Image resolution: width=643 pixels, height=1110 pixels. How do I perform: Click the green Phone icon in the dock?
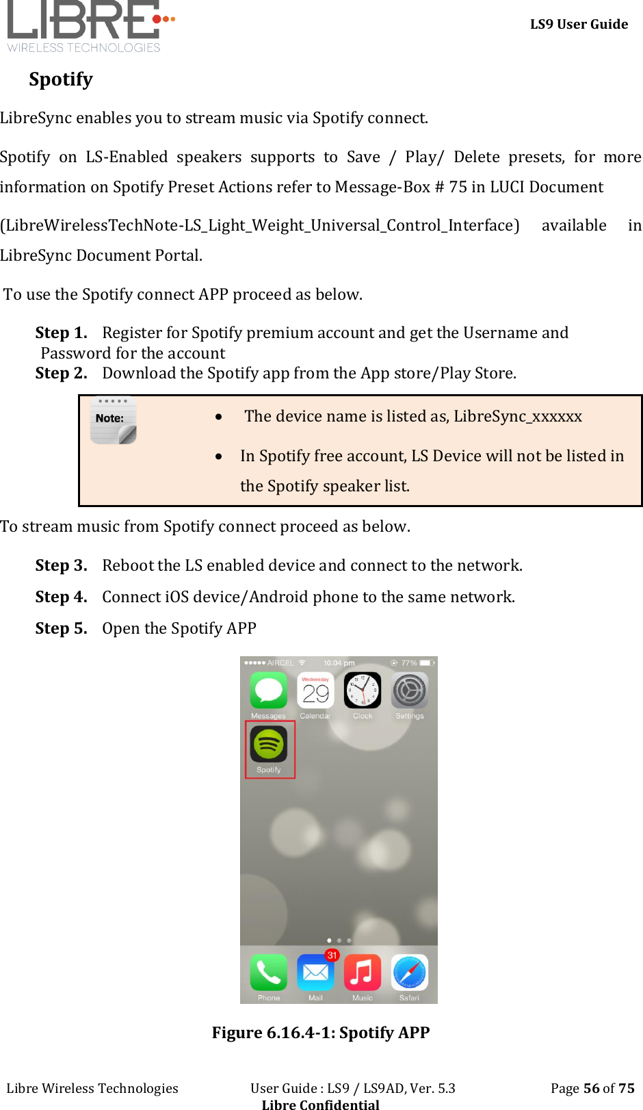[269, 972]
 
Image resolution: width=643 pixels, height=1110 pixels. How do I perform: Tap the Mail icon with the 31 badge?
[315, 972]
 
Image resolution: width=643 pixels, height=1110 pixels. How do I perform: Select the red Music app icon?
[363, 972]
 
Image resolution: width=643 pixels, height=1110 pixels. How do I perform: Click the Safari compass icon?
[409, 972]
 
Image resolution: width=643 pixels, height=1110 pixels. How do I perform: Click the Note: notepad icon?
[113, 421]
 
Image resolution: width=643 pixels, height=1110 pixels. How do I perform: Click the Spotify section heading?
[61, 79]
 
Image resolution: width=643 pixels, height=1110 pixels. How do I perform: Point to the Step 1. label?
[62, 333]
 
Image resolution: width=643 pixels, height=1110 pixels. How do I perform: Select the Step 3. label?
[62, 565]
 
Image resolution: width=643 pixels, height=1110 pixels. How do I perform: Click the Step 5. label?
[62, 628]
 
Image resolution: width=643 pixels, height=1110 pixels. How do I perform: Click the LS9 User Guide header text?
[579, 24]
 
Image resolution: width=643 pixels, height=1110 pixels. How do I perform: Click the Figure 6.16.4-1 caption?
[321, 1032]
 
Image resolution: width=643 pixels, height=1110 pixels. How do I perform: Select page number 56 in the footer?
[591, 1088]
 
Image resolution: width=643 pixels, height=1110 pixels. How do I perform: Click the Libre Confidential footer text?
[320, 1104]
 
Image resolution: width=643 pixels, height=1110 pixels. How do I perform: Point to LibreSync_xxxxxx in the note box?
[518, 416]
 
